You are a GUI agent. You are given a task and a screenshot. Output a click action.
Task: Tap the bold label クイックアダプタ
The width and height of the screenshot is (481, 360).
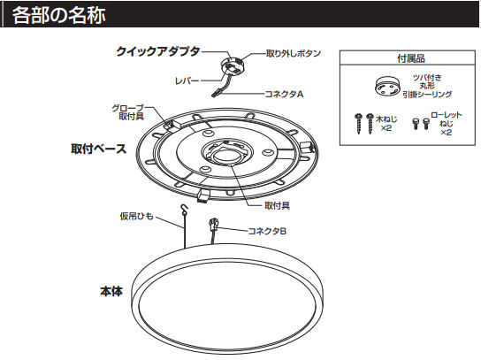tap(158, 52)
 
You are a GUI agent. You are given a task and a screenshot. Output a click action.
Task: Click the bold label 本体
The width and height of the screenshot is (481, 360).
tap(111, 289)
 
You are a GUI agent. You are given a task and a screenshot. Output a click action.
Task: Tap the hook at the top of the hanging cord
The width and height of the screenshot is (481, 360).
tap(184, 211)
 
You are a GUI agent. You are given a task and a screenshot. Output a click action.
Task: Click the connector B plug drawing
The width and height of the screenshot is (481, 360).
tap(213, 226)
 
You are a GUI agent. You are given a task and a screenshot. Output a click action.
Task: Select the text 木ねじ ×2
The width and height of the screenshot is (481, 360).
tap(386, 123)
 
